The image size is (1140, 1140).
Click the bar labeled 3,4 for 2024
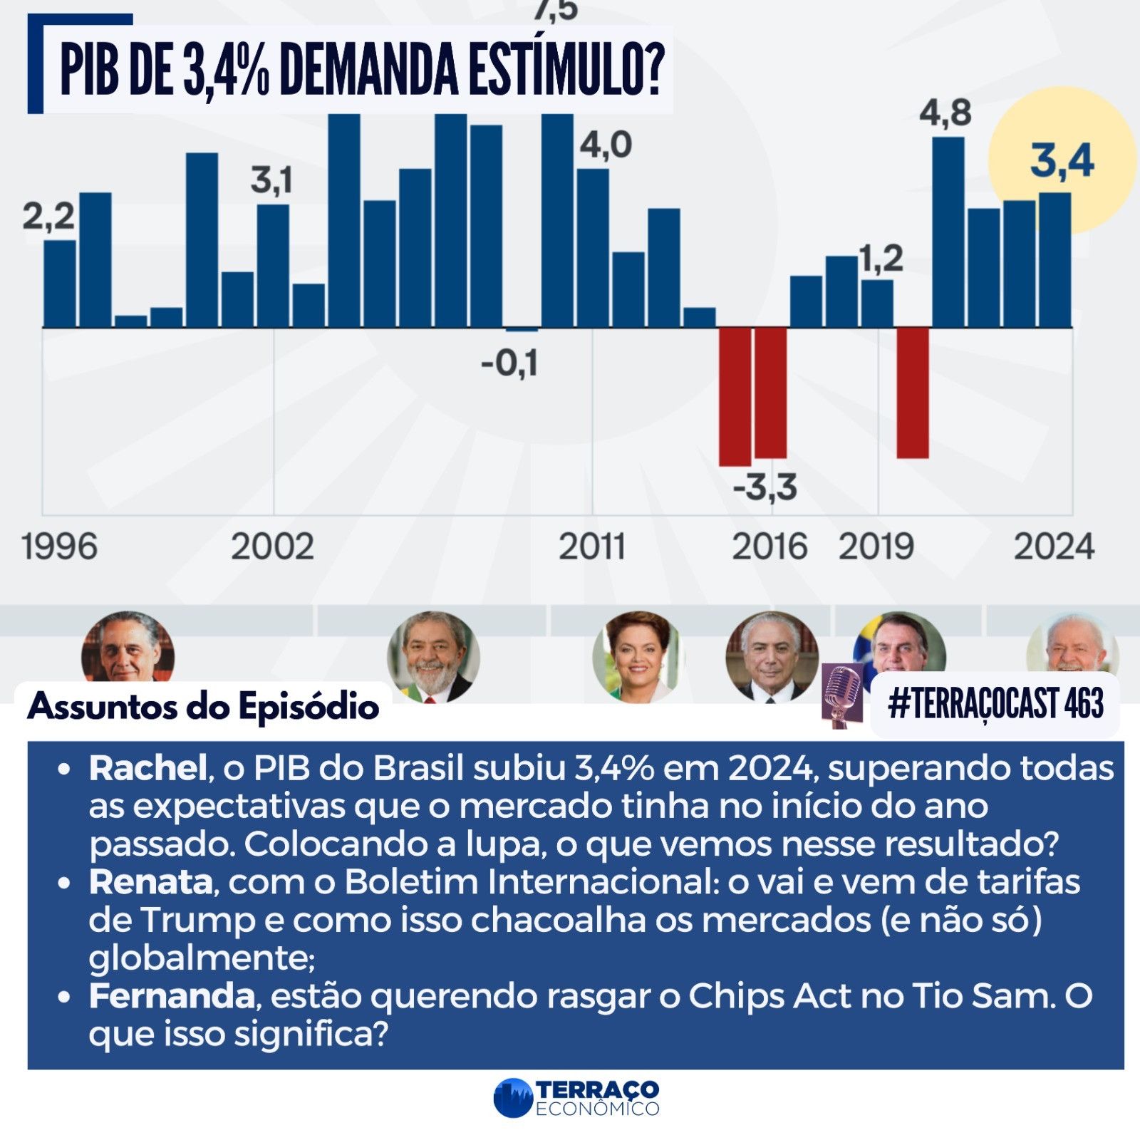point(1054,260)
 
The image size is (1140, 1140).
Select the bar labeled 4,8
point(948,232)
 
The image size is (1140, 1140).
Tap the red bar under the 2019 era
point(913,392)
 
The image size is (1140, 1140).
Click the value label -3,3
point(765,488)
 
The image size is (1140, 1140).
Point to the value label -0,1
point(509,363)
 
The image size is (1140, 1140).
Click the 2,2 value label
point(48,215)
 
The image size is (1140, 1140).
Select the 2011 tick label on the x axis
point(591,547)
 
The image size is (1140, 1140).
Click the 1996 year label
point(59,547)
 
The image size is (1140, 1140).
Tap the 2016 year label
point(769,547)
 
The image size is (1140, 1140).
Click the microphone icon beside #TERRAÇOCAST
point(842,695)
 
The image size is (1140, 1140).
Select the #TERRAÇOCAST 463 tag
point(995,705)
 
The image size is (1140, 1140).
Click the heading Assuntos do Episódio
point(203,706)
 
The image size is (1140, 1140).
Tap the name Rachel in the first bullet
point(147,768)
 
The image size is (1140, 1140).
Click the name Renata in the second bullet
point(150,882)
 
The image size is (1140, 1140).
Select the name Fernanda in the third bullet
point(171,996)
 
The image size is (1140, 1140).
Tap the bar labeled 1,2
point(877,303)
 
